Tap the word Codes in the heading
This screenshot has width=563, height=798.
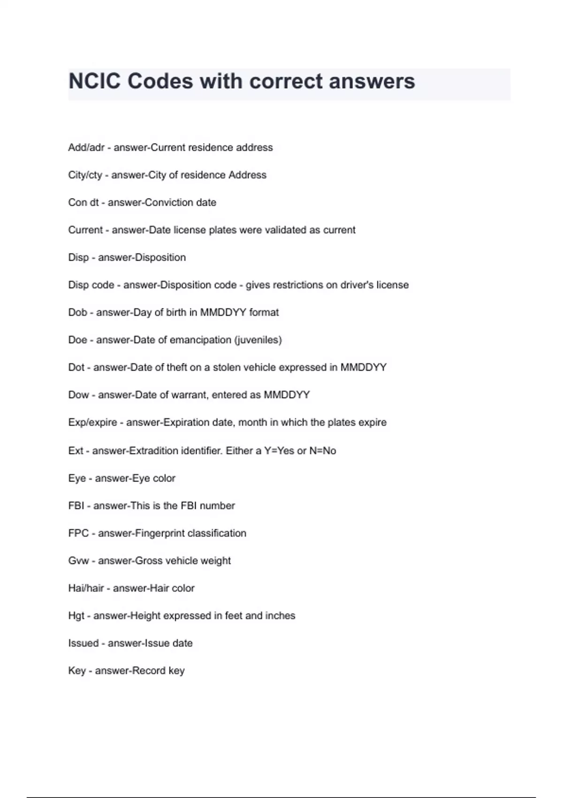[x=160, y=81]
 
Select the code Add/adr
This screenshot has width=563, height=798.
[x=86, y=147]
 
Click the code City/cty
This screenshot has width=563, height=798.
[x=85, y=175]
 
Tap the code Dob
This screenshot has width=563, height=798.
[x=77, y=313]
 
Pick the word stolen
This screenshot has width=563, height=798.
[x=228, y=368]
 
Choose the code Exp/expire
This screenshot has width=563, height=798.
[x=92, y=422]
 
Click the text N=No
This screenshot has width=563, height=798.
[x=323, y=451]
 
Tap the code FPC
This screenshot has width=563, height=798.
[x=78, y=533]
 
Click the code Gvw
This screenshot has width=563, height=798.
[x=78, y=561]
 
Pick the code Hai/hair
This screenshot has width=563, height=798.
[x=86, y=588]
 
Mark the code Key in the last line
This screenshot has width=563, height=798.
[x=77, y=671]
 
